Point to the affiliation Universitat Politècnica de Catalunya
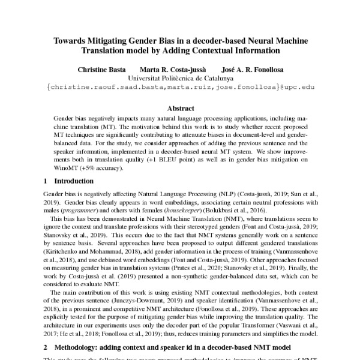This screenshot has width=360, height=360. pos(180,78)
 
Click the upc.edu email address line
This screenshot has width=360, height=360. pos(180,87)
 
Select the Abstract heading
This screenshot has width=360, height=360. pos(180,108)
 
